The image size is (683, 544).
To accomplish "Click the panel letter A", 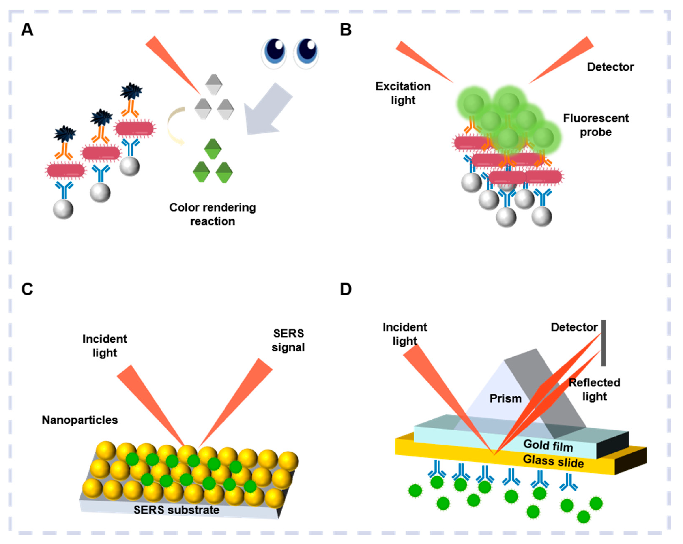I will click(x=27, y=30).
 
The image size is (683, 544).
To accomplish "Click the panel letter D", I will click(x=346, y=289).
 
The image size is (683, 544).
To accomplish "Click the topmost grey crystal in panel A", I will click(x=213, y=84).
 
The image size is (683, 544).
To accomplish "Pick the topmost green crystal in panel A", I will click(x=213, y=149).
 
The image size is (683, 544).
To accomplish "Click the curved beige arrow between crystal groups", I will click(x=175, y=126).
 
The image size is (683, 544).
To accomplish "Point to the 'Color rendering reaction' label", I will click(x=213, y=214).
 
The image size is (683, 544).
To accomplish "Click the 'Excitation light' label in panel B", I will click(x=403, y=93).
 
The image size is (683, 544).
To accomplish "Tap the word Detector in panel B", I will click(x=610, y=67).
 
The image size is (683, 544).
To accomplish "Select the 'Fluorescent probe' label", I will click(x=596, y=125).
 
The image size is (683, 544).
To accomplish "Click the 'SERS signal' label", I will click(x=288, y=340).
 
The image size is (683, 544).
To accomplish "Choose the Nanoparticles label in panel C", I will click(x=80, y=420).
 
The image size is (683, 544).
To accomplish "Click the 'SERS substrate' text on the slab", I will click(x=176, y=510).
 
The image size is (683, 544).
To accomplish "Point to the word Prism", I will click(x=506, y=399).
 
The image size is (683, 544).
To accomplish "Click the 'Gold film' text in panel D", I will click(x=548, y=445).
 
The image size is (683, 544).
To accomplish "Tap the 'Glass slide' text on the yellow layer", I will click(x=553, y=461).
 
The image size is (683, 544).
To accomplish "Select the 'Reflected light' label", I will click(x=594, y=389).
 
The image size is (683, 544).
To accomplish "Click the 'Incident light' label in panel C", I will click(x=105, y=346).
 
